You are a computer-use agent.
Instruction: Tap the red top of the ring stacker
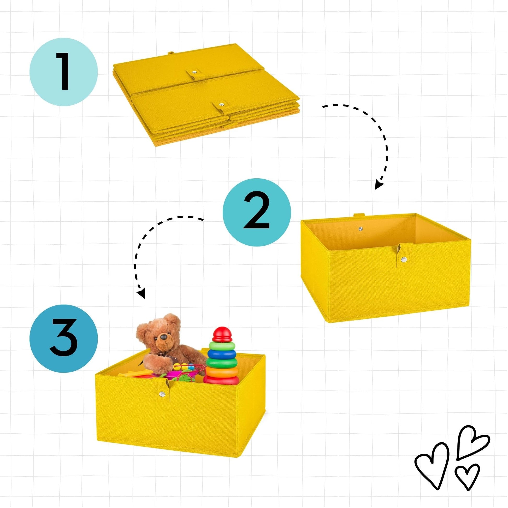click(x=222, y=334)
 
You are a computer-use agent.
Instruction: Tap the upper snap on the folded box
click(x=194, y=72)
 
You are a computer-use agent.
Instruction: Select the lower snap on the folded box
click(x=222, y=104)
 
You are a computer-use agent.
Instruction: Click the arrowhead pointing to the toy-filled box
click(x=141, y=293)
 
